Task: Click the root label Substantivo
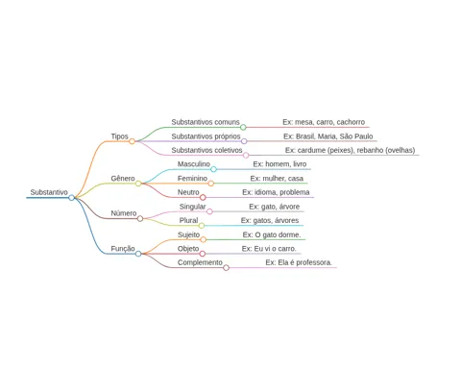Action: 49,192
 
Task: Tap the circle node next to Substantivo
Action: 72,198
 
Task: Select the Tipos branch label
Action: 119,136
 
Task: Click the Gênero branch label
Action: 123,179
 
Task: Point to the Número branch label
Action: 124,213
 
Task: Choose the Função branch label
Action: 123,249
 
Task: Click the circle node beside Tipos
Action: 132,141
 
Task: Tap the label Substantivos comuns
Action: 206,122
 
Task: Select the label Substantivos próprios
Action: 206,136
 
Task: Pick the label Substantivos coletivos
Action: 206,150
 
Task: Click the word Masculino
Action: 194,164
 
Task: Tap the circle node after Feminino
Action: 210,184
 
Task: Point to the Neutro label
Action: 188,192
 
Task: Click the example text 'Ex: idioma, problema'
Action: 276,192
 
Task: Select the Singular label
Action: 192,207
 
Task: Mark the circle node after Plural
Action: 202,226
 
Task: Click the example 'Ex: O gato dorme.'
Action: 272,234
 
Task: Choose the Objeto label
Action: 188,249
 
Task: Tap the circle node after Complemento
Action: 226,268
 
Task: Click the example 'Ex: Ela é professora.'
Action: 299,262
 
